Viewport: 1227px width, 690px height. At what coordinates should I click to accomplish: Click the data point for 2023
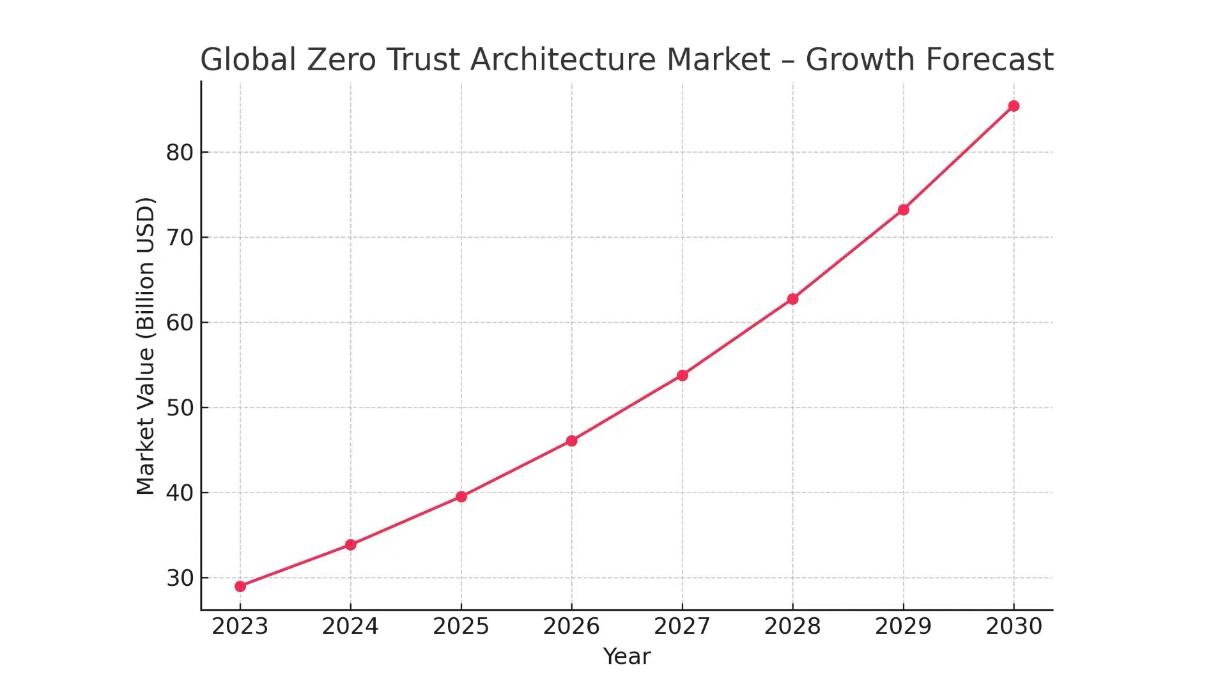pos(240,586)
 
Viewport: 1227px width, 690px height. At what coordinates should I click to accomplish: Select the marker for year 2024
pos(351,545)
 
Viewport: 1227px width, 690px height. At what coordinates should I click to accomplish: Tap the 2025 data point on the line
pos(461,496)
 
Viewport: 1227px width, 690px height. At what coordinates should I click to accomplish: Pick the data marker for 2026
pos(572,441)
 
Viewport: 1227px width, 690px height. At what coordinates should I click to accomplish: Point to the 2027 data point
pos(683,376)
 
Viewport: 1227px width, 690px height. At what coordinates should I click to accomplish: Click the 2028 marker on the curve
pos(793,299)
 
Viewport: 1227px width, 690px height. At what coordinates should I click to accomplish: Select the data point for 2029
pos(904,210)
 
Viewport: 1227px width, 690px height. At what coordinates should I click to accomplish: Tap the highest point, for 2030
pos(1014,106)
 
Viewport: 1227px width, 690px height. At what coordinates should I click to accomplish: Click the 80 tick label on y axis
pos(180,153)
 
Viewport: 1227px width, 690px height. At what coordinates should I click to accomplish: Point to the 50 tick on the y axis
pos(180,408)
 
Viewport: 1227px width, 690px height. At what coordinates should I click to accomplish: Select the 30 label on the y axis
pos(180,578)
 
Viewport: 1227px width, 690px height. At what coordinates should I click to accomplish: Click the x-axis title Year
pos(627,657)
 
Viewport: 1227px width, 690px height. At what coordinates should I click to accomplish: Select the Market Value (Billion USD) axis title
pos(146,346)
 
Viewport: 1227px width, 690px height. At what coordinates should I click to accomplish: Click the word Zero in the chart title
pos(343,60)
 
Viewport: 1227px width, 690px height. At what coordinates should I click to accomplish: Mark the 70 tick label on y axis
pos(180,238)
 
